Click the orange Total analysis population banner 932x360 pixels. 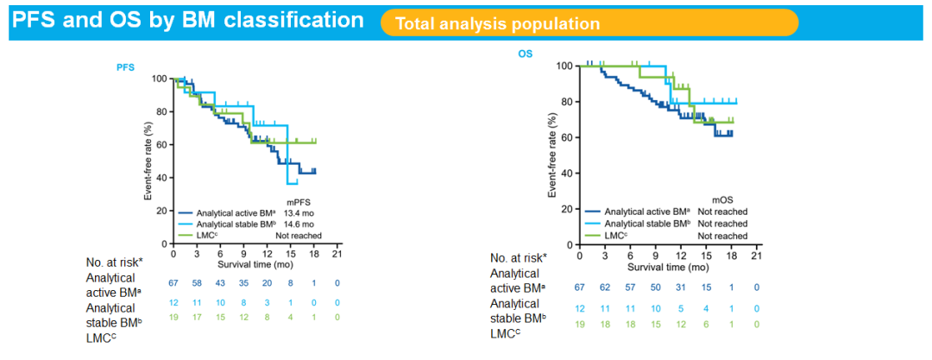(x=589, y=23)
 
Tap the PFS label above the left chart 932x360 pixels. (x=126, y=66)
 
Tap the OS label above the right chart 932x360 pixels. (x=525, y=54)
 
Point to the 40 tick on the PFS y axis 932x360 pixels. (x=161, y=178)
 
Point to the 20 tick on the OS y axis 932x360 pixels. (x=567, y=209)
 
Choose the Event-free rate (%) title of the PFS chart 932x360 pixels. (x=148, y=162)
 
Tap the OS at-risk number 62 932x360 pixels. (x=606, y=287)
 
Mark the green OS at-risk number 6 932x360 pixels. (x=706, y=325)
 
